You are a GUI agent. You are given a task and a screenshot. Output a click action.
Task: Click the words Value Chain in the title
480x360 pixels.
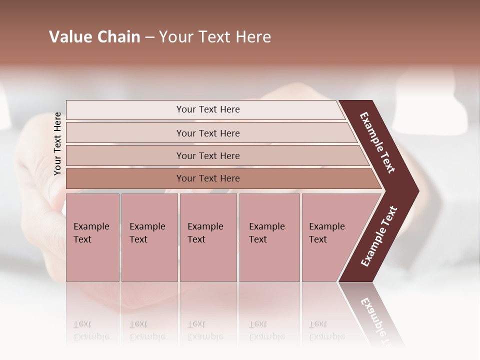click(94, 37)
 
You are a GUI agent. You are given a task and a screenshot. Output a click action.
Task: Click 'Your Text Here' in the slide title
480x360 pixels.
click(215, 37)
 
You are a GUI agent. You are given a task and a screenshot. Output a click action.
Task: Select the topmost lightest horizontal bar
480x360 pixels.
click(125, 110)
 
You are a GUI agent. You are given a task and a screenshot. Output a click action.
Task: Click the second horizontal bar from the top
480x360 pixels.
click(125, 133)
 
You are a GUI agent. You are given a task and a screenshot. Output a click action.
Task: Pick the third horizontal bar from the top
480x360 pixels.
click(125, 155)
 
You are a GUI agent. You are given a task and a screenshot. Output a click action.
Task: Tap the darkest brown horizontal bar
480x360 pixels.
click(125, 178)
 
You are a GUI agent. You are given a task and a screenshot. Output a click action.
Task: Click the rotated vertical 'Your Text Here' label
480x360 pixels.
click(57, 143)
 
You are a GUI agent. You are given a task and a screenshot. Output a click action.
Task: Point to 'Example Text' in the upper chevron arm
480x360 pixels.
click(377, 142)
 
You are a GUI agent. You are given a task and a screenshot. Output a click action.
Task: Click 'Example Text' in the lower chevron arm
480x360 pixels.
click(379, 236)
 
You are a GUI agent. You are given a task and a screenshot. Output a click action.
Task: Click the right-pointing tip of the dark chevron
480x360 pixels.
click(415, 190)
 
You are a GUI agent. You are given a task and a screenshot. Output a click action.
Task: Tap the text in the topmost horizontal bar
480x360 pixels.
click(208, 109)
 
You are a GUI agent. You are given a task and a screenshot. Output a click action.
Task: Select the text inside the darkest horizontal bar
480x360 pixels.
click(208, 178)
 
